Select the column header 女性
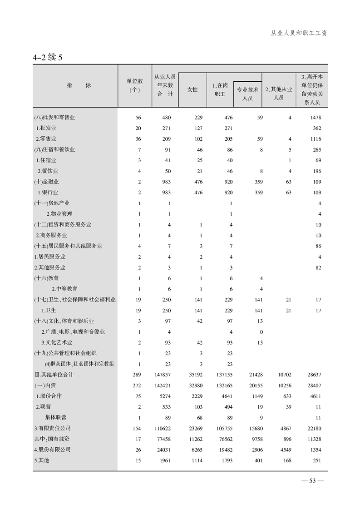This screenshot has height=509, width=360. [x=192, y=89]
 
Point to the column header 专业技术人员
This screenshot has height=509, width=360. [x=247, y=94]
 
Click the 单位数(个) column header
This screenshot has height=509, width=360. [x=134, y=85]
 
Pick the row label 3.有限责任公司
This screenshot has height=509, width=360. [x=52, y=428]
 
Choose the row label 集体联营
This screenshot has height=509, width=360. [x=58, y=417]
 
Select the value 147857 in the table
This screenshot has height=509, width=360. [x=163, y=375]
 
